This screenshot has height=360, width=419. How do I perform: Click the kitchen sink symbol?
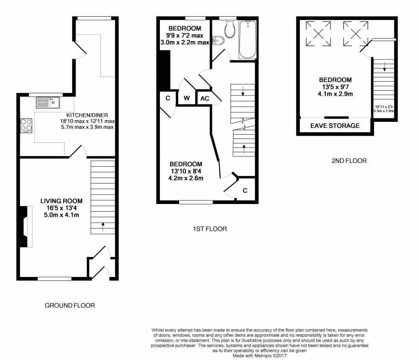coord(48,103)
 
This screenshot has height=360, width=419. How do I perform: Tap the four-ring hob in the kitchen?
coord(26,125)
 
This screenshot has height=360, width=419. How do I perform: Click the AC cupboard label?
coord(205,98)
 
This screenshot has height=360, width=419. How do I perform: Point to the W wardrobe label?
coord(187,98)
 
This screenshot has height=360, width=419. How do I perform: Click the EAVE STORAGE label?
coord(335,126)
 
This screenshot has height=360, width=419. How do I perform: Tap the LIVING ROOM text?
coord(62,201)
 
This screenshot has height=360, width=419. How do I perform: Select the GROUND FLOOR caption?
coord(70,306)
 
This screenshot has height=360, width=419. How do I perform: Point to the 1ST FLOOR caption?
coord(209,229)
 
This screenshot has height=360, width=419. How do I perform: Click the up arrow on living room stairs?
coord(103,225)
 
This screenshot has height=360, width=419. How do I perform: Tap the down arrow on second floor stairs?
coord(384,67)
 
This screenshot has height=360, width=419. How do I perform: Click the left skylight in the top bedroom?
coord(317,33)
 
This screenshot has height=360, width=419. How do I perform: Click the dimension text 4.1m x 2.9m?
coord(335,94)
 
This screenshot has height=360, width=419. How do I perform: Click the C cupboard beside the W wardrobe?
coord(168,98)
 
